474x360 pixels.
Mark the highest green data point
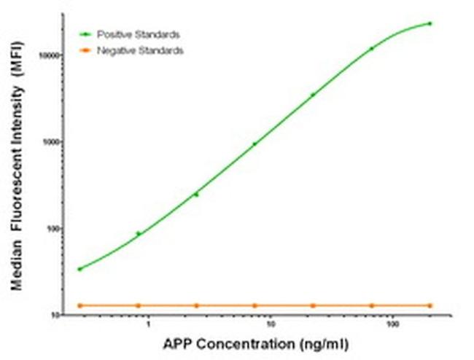(x=430, y=23)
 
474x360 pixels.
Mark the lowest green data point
(x=79, y=269)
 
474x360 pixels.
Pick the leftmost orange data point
(x=79, y=305)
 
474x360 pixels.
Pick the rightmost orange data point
(x=430, y=305)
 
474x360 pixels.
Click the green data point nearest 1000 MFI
(x=255, y=144)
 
